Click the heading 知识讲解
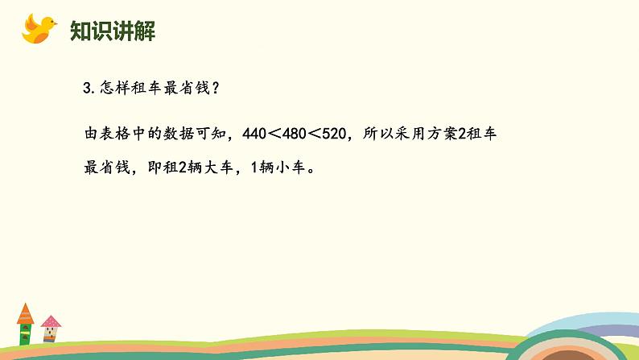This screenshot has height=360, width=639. [x=113, y=31]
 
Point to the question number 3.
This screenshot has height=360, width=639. [x=87, y=89]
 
